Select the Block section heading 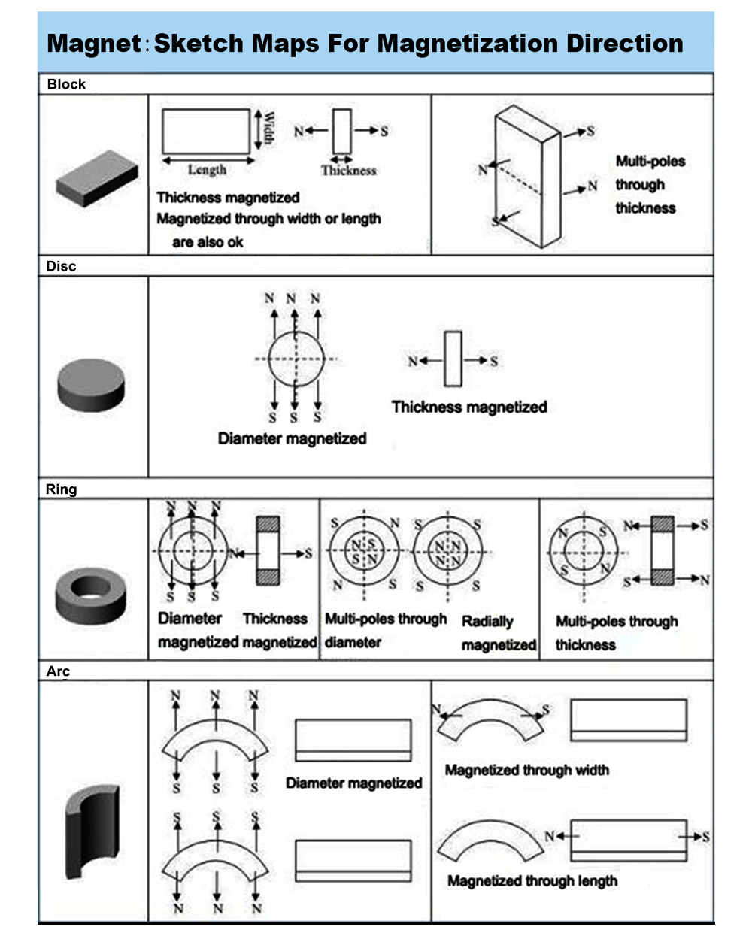pos(66,84)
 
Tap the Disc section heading pos(61,266)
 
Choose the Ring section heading pos(61,489)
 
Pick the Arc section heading pos(58,671)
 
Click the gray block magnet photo pos(96,177)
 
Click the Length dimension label pos(207,170)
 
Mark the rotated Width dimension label pos(268,129)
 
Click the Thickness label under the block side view pos(349,171)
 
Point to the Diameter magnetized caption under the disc pos(292,438)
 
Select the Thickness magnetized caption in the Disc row pos(468,407)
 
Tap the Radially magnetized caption pos(498,633)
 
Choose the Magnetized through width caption pos(526,770)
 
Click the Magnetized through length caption pos(532,880)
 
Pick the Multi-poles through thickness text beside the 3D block pos(650,184)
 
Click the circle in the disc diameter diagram pos(295,359)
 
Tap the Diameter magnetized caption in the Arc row pos(353,783)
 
